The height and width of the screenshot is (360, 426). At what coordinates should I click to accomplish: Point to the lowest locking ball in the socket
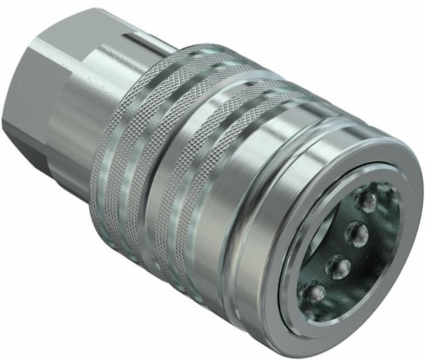point(312,293)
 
